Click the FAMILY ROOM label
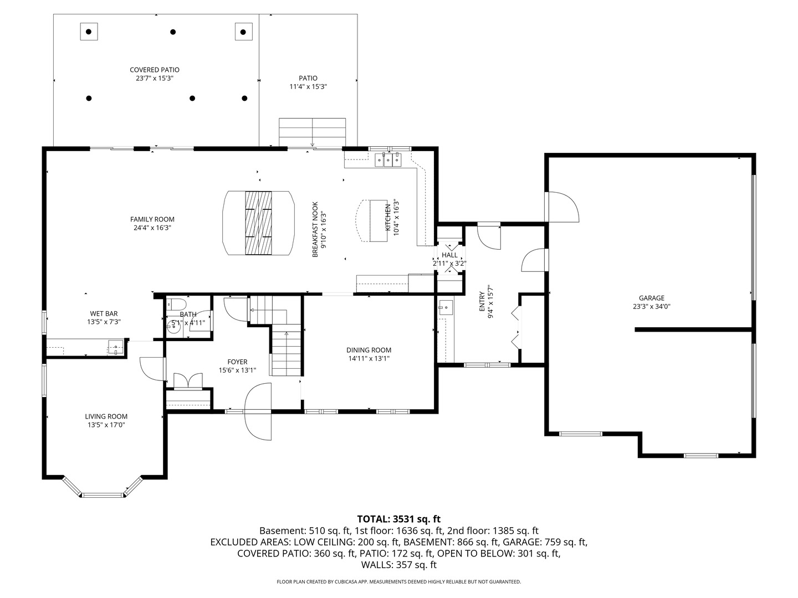coord(152,219)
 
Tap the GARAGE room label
coord(652,298)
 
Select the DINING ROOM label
coord(369,350)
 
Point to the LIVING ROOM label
coord(106,416)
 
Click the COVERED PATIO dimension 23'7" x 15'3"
coord(155,78)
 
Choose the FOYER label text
coord(237,362)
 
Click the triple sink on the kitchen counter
coord(388,160)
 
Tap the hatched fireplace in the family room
coord(258,223)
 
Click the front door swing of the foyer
coord(258,411)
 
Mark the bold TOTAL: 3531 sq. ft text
coord(399,519)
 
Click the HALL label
coord(450,255)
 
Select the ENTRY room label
coord(482,301)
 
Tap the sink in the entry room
coord(446,308)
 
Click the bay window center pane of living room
coord(103,495)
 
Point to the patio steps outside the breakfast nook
coord(313,132)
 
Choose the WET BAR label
coord(104,313)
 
